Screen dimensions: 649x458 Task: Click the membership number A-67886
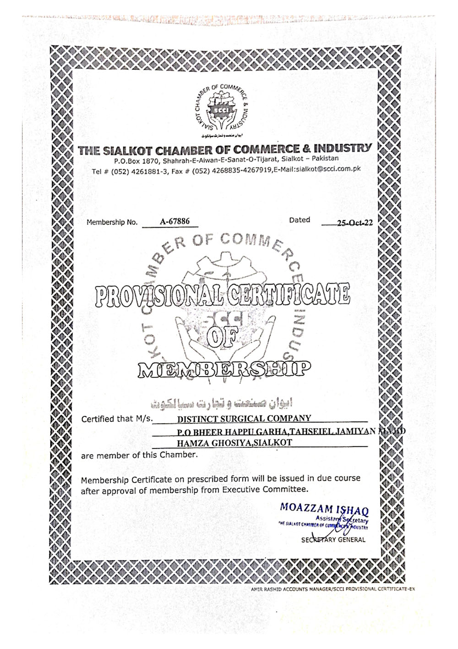point(174,222)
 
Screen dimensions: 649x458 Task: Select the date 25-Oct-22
point(354,223)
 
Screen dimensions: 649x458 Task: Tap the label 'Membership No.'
point(112,222)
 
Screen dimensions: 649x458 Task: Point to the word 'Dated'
point(300,220)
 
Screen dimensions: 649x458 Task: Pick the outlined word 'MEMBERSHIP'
point(224,368)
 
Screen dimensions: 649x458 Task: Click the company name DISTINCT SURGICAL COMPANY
point(244,418)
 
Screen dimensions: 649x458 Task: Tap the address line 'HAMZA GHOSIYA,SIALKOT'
point(234,443)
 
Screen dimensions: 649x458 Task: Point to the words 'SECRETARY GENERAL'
point(333,540)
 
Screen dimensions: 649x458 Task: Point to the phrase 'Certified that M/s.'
point(117,419)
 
